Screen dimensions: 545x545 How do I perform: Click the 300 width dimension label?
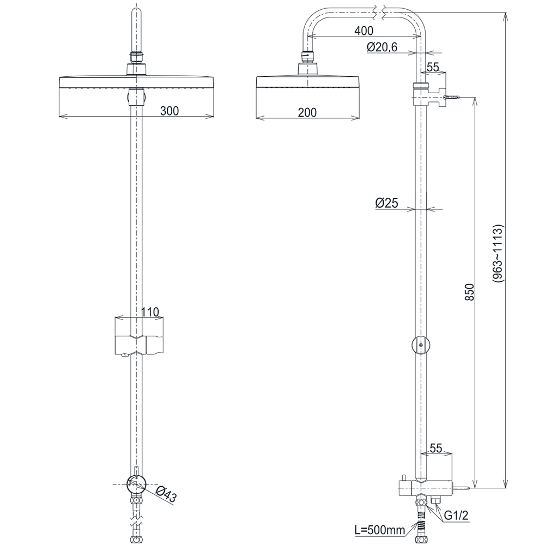coord(170,111)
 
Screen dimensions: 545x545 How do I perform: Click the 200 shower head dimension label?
coord(307,113)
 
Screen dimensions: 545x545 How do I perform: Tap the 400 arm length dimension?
coord(364,31)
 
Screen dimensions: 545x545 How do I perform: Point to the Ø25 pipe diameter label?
coord(387,203)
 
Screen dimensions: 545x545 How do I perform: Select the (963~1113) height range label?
coord(497,253)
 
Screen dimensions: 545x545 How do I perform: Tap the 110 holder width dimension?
coord(150,312)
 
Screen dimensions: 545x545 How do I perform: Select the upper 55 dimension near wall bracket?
coord(433,67)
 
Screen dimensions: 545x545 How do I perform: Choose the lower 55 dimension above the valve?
coord(436,448)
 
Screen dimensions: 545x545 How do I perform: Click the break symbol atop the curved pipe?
coord(380,10)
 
